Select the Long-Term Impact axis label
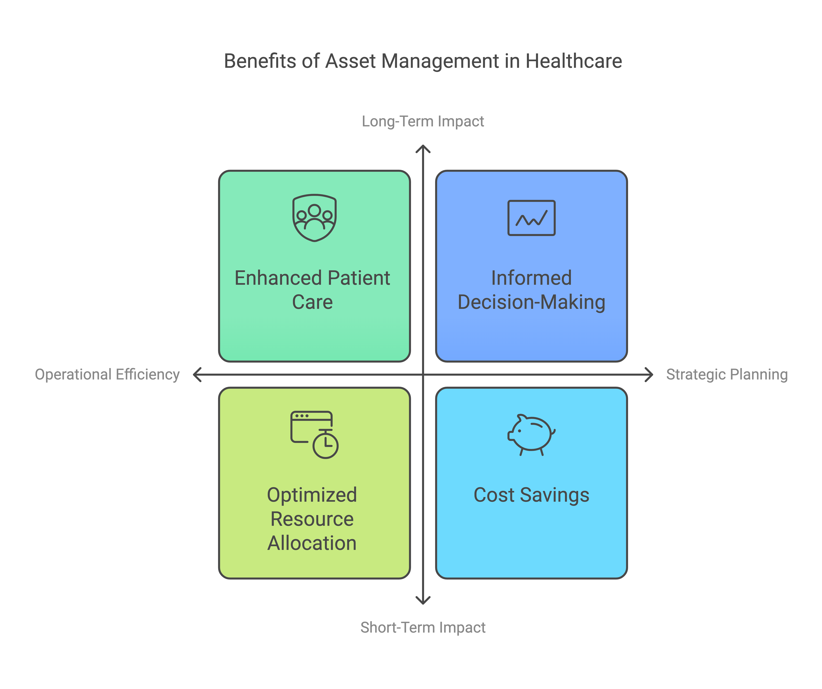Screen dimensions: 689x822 click(x=423, y=121)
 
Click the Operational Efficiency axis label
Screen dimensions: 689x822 click(x=107, y=374)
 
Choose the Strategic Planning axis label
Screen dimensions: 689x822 click(x=727, y=374)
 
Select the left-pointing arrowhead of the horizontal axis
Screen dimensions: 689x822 click(x=197, y=374)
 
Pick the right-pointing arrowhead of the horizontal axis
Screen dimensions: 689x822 click(x=649, y=374)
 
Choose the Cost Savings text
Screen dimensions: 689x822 click(x=531, y=495)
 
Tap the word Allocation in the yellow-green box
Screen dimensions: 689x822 click(x=312, y=543)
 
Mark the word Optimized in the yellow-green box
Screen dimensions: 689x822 click(x=312, y=495)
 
